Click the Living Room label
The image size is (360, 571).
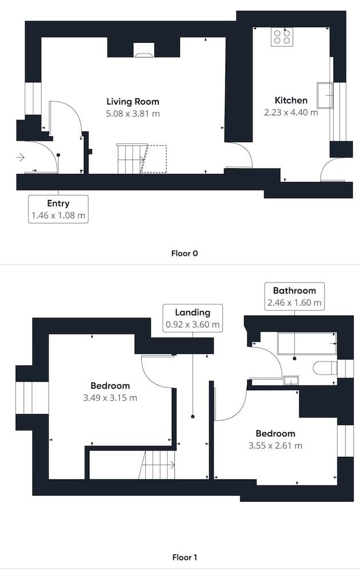pos(133,102)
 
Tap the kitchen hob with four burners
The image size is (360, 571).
pos(282,37)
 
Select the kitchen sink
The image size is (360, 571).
pos(325,95)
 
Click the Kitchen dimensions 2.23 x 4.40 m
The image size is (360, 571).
pos(291,112)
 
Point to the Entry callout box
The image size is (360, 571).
pos(58,209)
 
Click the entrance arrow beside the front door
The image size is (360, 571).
pos(21,158)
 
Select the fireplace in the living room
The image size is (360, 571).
pos(143,50)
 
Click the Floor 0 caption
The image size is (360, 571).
pos(185,254)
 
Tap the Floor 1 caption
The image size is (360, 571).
pos(185,557)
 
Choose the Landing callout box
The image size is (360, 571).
pos(193,318)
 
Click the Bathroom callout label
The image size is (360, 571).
pos(294,291)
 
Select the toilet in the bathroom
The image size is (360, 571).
pos(325,368)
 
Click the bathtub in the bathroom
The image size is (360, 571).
pos(307,343)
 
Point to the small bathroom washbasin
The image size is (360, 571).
pos(291,380)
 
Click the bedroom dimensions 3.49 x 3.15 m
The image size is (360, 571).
pos(110,397)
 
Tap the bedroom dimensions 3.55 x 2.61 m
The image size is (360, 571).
pos(275,446)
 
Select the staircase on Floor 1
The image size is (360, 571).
pos(157,465)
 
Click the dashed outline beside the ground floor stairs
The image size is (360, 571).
pos(154,159)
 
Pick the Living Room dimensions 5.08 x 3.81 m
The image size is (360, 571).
pos(133,114)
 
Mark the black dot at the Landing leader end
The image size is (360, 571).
pos(193,416)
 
